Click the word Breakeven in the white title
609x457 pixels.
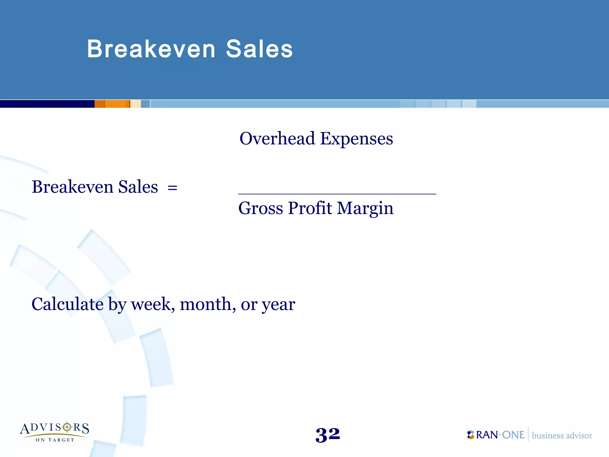point(151,49)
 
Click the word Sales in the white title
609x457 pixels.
point(259,49)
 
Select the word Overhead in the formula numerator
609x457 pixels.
point(277,139)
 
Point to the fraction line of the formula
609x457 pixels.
point(337,194)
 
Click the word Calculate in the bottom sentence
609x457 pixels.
point(68,304)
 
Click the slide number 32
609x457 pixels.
point(328,435)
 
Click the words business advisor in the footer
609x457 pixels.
point(562,436)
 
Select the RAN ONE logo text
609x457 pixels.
point(500,435)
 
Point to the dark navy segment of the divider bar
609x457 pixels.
point(47,104)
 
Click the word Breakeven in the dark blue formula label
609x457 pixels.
point(72,187)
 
